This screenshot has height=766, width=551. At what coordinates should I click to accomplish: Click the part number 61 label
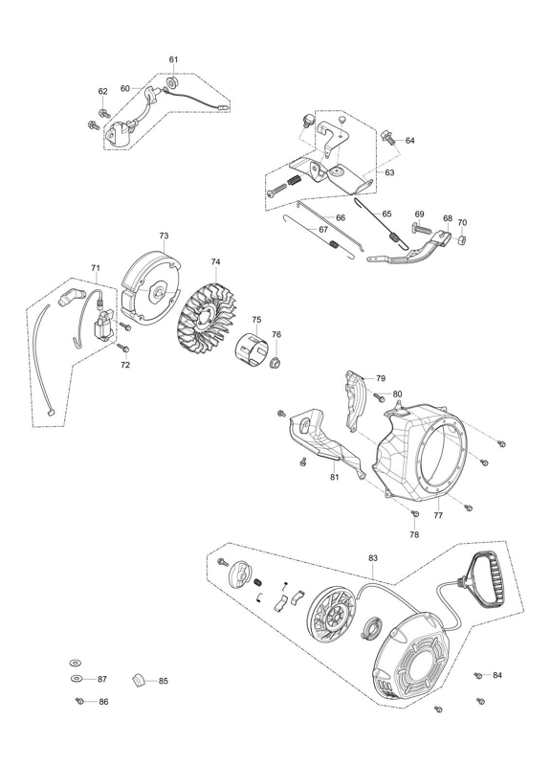pos(174,59)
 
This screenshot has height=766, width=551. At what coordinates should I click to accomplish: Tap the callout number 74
pos(216,262)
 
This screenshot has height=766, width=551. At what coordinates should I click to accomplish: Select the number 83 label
pos(373,558)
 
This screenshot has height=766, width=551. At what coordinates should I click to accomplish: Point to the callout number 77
pos(438,515)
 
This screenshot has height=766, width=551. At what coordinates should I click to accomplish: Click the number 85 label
pos(164,681)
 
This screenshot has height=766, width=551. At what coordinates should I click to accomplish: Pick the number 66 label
pos(341,218)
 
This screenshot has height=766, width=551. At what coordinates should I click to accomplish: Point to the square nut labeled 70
pos(461,240)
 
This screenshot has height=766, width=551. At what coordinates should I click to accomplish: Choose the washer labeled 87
pos(77,679)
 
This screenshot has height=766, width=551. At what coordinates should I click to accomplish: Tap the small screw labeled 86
pos(80,702)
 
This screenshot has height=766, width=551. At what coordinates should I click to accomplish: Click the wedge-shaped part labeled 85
pos(139,681)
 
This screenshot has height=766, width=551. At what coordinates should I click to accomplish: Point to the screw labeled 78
pos(415,514)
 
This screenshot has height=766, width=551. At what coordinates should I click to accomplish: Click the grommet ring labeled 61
pos(172,80)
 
